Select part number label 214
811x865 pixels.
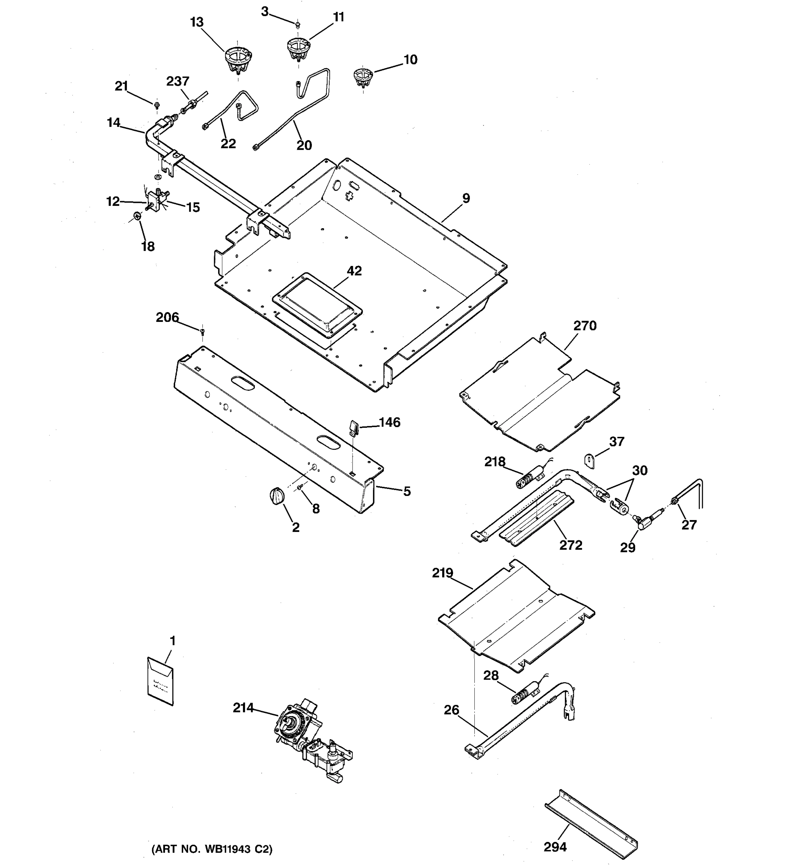(243, 720)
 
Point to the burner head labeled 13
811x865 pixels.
(238, 60)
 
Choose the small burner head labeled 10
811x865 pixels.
(362, 76)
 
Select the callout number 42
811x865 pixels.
(354, 271)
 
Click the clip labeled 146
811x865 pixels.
(353, 428)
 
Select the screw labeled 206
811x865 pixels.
(202, 332)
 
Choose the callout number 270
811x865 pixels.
(585, 326)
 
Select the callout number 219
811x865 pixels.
(443, 573)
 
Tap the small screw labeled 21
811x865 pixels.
(157, 105)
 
